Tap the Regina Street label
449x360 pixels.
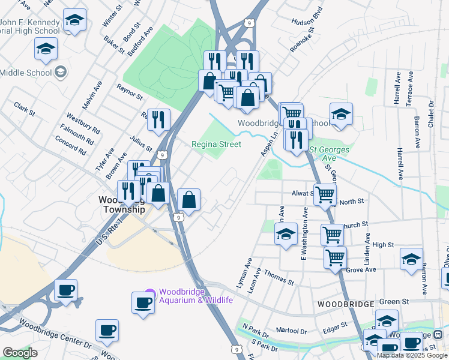[216, 144]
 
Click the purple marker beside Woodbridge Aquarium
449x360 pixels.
[150, 293]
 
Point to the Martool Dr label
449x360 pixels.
[291, 331]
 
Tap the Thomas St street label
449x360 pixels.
[280, 277]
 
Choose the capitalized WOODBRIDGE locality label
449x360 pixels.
[346, 304]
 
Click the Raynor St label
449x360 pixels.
[130, 92]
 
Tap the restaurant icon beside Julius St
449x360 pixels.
[158, 119]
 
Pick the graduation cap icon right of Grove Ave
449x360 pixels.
[411, 260]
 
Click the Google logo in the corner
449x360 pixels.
[20, 353]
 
